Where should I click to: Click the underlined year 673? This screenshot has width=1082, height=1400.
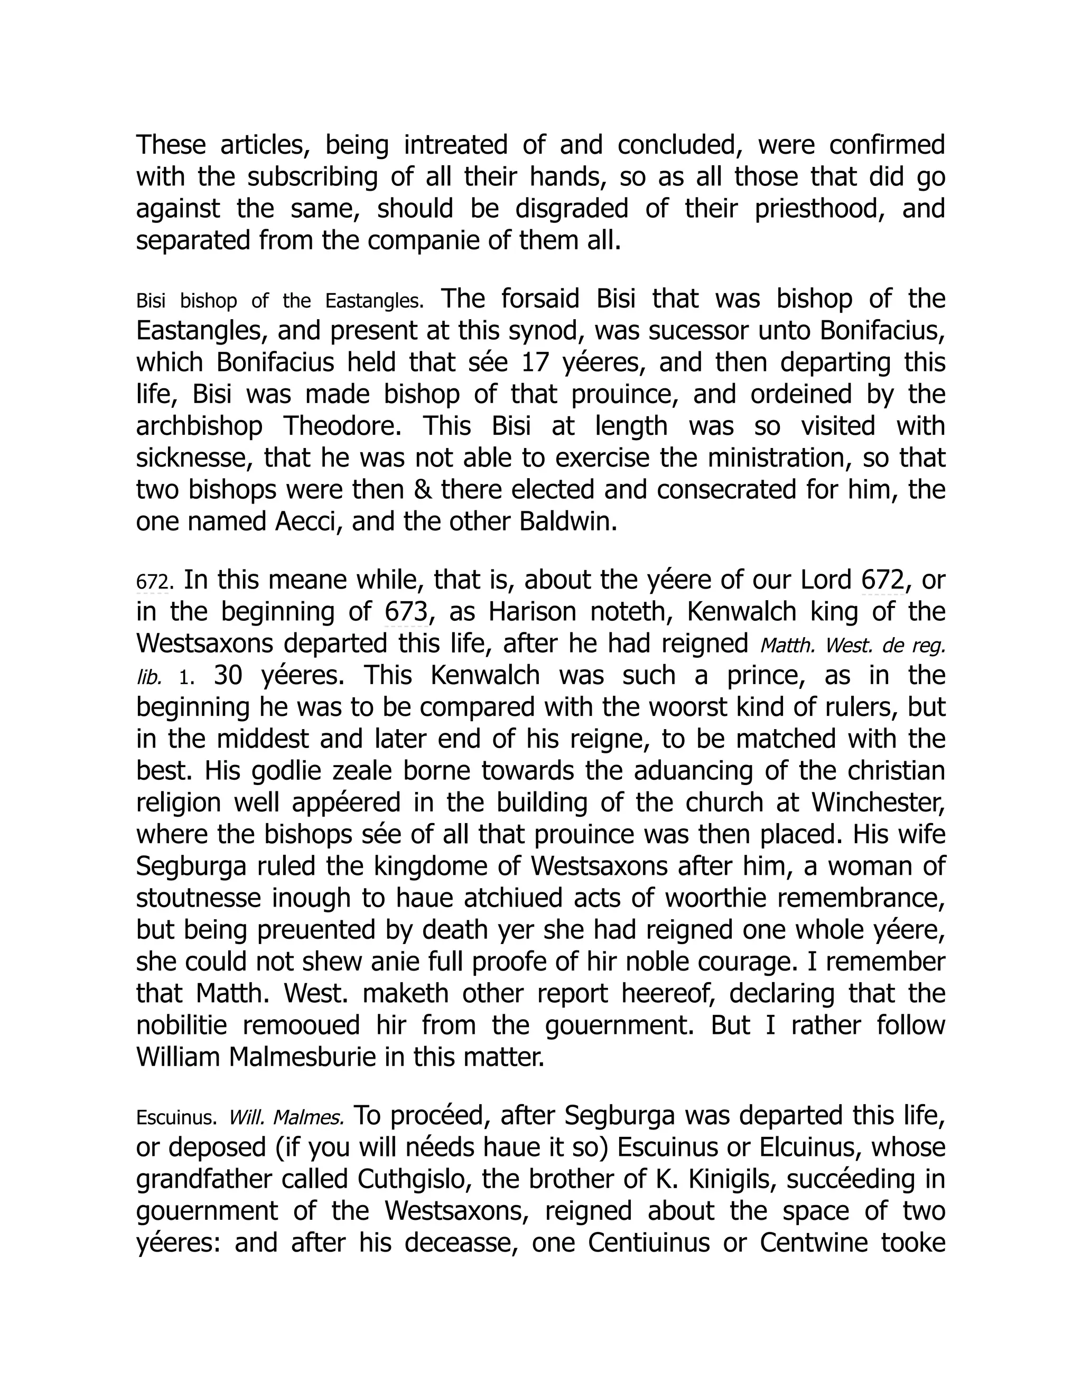click(x=406, y=612)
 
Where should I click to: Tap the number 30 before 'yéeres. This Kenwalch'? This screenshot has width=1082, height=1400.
click(x=228, y=676)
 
